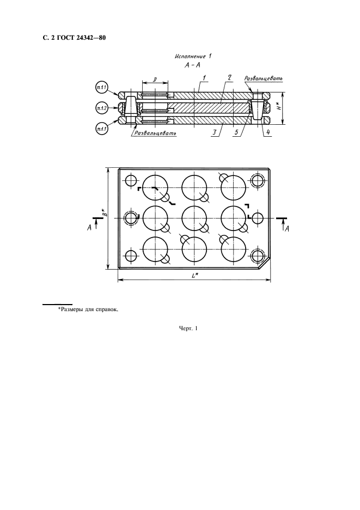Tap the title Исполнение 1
pyautogui.click(x=193, y=57)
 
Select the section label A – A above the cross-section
pyautogui.click(x=192, y=65)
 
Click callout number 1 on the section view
pyautogui.click(x=204, y=78)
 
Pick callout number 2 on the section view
pyautogui.click(x=229, y=78)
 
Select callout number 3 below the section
pyautogui.click(x=214, y=133)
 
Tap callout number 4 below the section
pyautogui.click(x=267, y=133)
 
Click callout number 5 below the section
pyautogui.click(x=236, y=133)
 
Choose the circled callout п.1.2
pyautogui.click(x=102, y=108)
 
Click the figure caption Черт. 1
pyautogui.click(x=188, y=329)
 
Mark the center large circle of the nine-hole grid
pyautogui.click(x=194, y=218)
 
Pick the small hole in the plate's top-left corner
pyautogui.click(x=132, y=180)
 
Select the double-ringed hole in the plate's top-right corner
pyautogui.click(x=257, y=180)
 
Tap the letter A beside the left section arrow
pyautogui.click(x=89, y=228)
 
